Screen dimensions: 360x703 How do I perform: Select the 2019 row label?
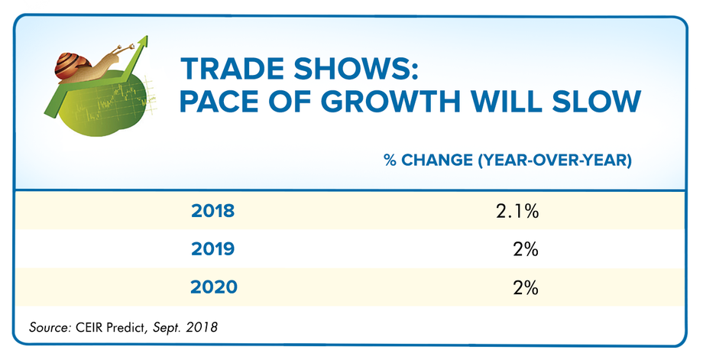pyautogui.click(x=213, y=249)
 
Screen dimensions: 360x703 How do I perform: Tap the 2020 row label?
pyautogui.click(x=214, y=287)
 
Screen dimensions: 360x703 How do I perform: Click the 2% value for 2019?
pyautogui.click(x=526, y=249)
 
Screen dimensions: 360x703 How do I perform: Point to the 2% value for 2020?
pyautogui.click(x=526, y=287)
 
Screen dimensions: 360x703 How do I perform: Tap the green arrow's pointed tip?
pyautogui.click(x=141, y=37)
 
